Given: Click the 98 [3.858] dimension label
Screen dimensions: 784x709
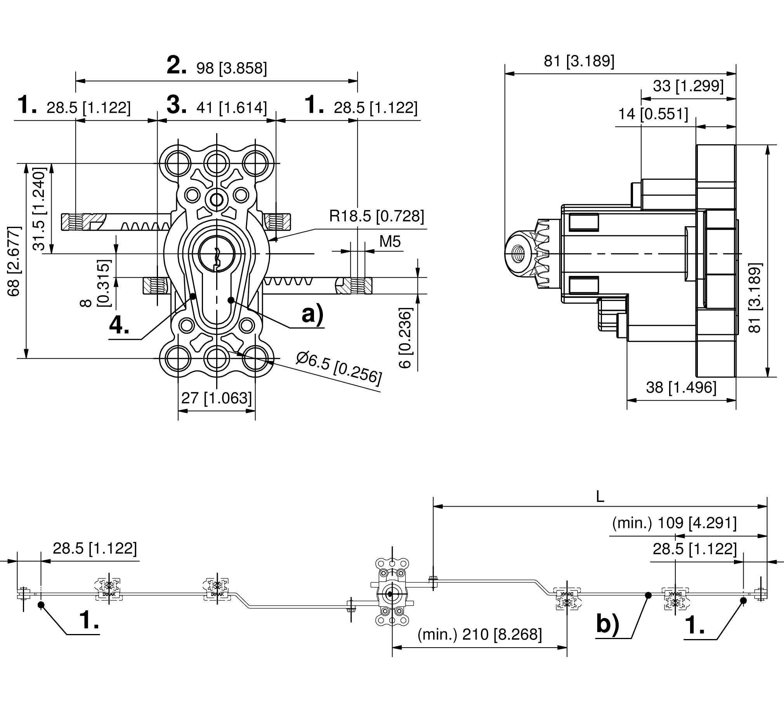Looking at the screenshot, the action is click(231, 68).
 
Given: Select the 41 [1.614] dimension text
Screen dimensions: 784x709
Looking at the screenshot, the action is click(231, 108).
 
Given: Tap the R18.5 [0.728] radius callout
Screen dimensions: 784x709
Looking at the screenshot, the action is click(376, 216).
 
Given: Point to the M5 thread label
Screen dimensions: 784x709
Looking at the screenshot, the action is click(390, 242).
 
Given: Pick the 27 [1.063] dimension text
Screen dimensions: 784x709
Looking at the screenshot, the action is click(217, 398).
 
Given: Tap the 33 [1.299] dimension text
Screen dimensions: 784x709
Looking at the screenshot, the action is click(688, 86).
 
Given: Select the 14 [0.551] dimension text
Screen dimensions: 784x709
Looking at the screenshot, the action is click(653, 114).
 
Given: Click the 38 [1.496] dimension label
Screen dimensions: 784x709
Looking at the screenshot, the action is click(681, 387).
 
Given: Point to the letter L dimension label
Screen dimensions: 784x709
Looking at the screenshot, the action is click(600, 496).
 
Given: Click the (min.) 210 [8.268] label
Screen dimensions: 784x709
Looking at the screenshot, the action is click(479, 635).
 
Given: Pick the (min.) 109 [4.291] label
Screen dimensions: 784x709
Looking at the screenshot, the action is click(674, 523).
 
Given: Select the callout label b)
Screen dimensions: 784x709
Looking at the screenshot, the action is click(607, 625).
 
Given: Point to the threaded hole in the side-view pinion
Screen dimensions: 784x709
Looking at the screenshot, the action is click(518, 254).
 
